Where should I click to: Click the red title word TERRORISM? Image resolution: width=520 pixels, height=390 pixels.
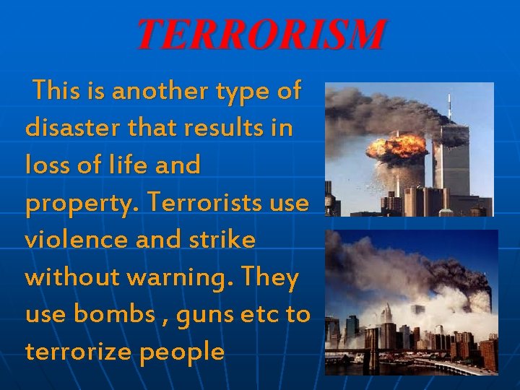pyautogui.click(x=261, y=35)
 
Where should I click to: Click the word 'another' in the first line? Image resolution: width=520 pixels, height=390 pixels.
pyautogui.click(x=147, y=91)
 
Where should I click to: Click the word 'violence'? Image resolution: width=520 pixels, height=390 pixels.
pyautogui.click(x=72, y=240)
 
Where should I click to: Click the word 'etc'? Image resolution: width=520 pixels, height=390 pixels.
pyautogui.click(x=267, y=316)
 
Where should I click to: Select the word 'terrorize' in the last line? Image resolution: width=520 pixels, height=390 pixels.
pyautogui.click(x=79, y=352)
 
